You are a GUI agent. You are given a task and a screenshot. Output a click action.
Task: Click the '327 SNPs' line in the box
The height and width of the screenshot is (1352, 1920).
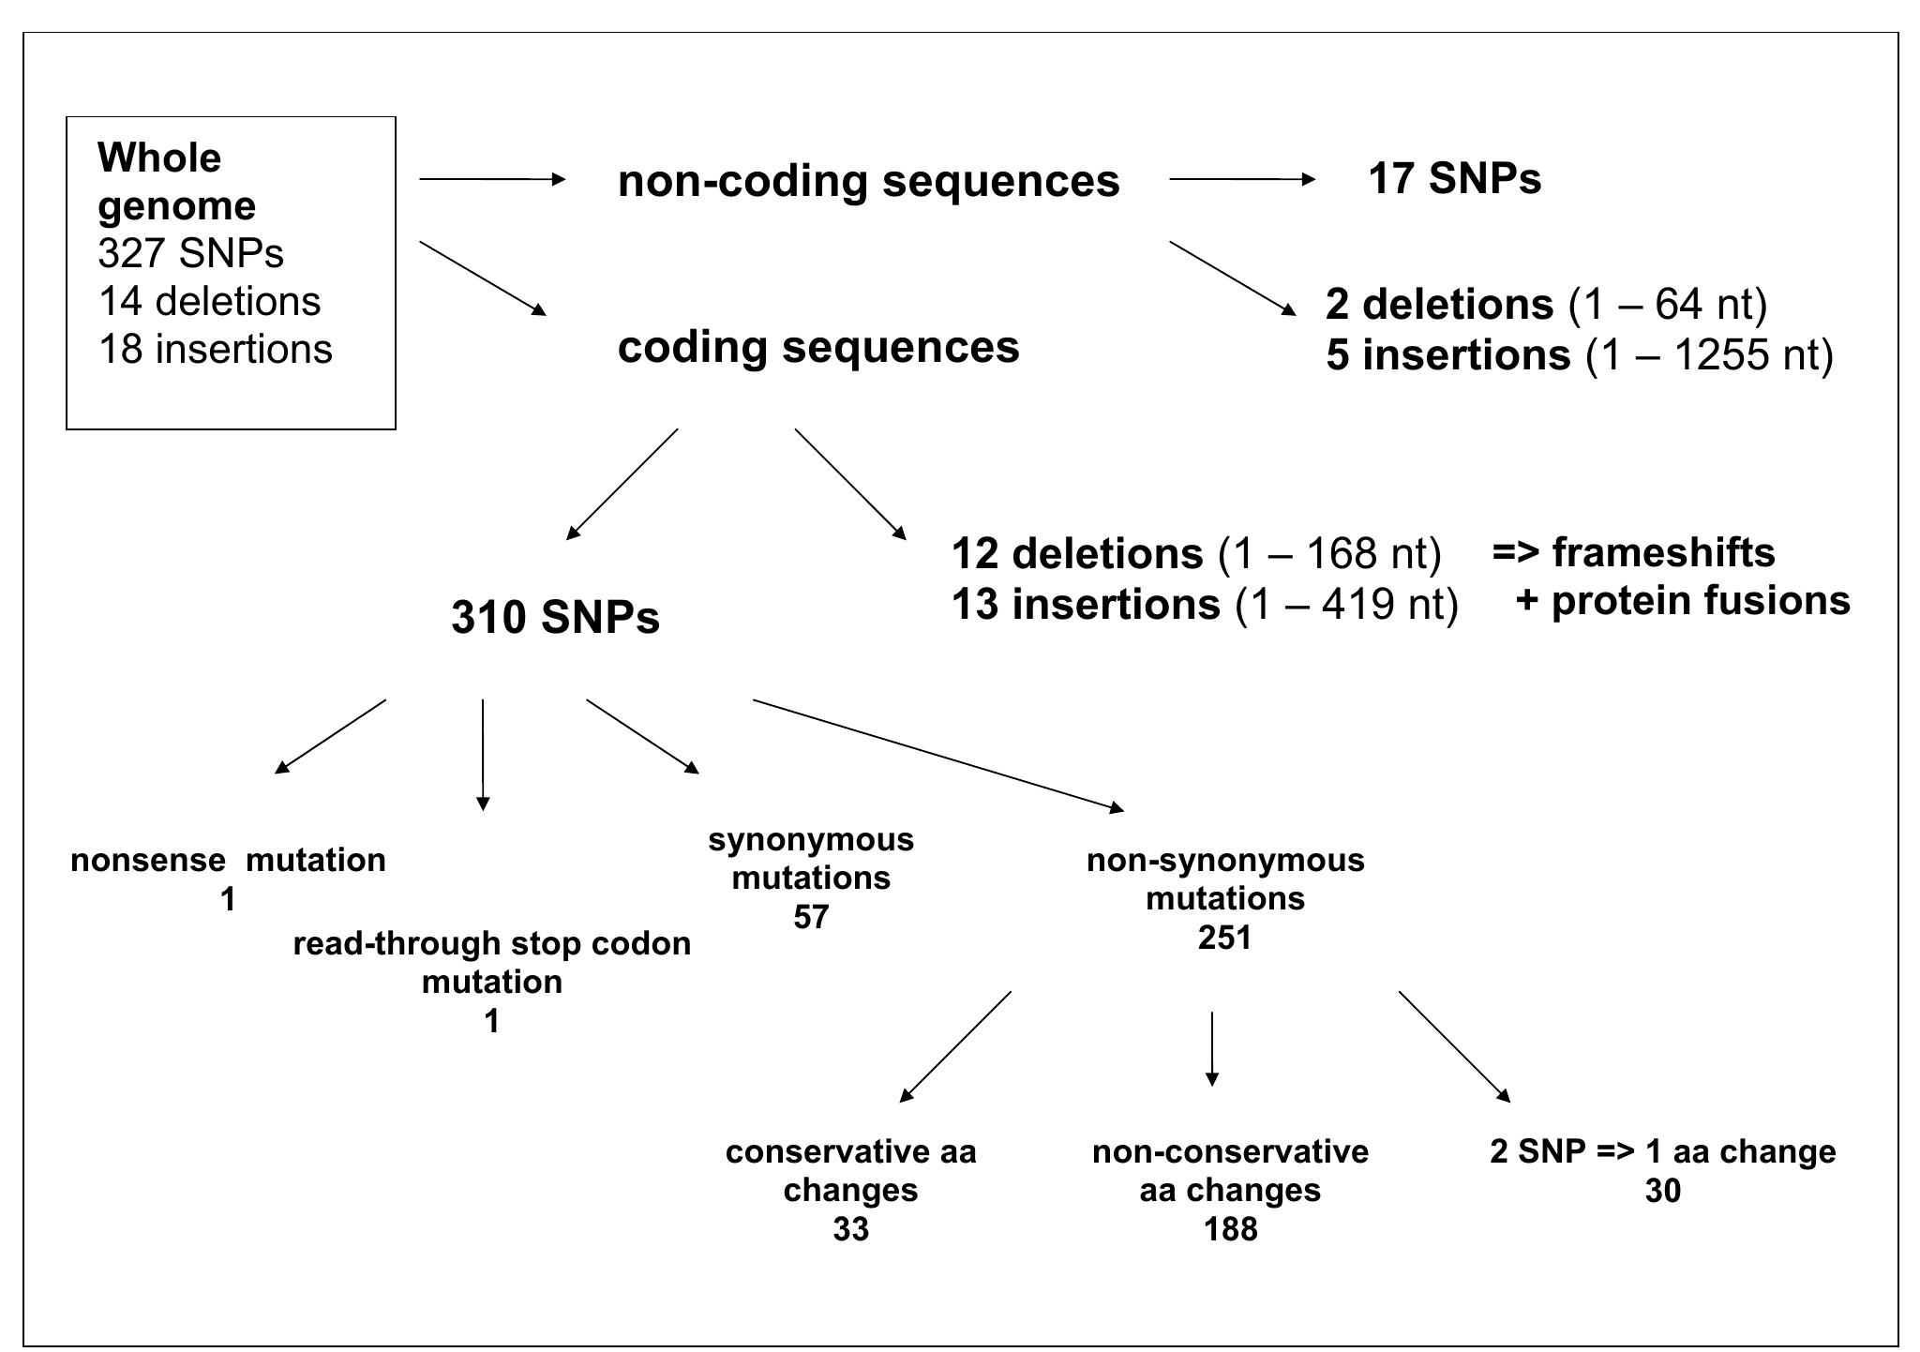pos(190,253)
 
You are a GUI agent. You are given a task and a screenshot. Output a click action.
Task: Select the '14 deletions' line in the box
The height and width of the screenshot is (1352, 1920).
pos(209,301)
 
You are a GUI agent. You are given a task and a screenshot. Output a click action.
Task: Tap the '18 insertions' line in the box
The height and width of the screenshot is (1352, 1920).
pos(216,349)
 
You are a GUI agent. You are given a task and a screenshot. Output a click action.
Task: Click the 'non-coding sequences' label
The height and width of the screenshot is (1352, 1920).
pos(868,180)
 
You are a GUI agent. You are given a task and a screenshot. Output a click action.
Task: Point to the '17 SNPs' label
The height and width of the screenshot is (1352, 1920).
pos(1454,178)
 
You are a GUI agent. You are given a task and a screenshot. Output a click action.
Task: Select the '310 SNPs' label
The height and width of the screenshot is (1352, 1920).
pos(555,617)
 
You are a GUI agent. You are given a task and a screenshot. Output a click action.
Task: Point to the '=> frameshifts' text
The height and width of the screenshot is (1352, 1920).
pos(1633,552)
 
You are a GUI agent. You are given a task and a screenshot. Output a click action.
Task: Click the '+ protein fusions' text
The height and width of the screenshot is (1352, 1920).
pos(1682,600)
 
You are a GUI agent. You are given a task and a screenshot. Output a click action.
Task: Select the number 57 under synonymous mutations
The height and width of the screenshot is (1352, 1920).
pos(811,917)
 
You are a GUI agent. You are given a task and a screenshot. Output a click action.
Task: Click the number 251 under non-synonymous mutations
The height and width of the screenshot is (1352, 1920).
pos(1224,938)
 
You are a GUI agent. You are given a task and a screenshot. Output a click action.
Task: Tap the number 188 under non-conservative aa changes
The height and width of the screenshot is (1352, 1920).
pos(1230,1228)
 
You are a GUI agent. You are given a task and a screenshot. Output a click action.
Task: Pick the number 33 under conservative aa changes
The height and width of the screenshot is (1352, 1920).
pos(850,1228)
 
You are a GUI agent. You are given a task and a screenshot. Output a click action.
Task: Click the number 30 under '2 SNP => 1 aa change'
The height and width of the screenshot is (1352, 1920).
pos(1662,1191)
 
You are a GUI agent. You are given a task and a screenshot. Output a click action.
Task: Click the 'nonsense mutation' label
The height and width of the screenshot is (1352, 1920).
pos(228,860)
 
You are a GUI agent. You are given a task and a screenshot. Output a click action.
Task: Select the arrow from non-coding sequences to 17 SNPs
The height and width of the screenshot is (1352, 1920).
pos(1242,178)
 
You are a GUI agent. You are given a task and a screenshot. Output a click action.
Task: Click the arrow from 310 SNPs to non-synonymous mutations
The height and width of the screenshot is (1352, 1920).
pos(937,755)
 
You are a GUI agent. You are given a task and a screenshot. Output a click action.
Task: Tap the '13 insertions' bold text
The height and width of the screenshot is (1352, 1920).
pos(1086,604)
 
